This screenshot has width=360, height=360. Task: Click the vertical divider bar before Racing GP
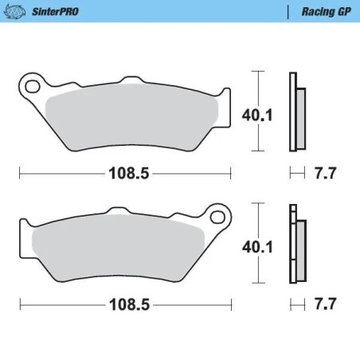[288, 11]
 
